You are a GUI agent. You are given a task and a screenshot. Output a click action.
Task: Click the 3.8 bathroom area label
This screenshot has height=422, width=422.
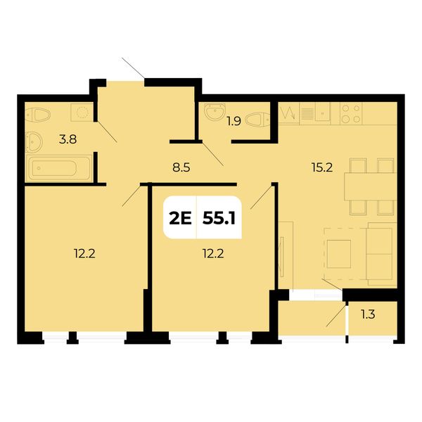(68, 139)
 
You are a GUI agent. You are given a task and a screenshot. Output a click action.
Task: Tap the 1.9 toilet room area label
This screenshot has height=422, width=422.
(234, 122)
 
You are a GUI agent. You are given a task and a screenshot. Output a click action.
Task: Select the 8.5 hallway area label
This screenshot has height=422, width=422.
(181, 167)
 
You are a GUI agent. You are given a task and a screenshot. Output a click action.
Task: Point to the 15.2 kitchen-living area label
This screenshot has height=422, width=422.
(322, 167)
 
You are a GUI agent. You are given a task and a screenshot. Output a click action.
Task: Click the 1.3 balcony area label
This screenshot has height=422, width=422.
(368, 314)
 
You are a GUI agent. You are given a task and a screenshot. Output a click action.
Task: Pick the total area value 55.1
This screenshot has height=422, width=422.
(219, 218)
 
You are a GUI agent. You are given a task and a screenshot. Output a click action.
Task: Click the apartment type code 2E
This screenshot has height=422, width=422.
(180, 218)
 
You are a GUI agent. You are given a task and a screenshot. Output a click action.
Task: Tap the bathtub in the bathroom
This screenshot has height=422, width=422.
(59, 168)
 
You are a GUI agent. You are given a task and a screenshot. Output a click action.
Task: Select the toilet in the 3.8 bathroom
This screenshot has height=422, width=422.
(38, 115)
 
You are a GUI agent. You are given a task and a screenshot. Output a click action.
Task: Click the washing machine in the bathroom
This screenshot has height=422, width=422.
(82, 112)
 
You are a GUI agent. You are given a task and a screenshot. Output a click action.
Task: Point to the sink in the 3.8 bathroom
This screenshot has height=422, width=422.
(34, 142)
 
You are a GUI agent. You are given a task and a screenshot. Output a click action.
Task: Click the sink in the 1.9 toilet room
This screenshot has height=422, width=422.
(215, 111)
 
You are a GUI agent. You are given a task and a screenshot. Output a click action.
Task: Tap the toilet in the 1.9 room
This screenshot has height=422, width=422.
(257, 120)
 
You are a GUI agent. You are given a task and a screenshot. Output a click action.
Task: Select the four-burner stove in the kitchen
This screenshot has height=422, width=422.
(351, 113)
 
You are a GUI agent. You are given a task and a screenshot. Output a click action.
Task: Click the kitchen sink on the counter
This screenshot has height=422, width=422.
(323, 113)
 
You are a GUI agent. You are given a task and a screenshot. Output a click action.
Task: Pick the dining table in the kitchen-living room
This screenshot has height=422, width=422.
(371, 187)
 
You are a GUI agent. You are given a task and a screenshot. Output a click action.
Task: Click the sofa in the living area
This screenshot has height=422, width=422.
(381, 254)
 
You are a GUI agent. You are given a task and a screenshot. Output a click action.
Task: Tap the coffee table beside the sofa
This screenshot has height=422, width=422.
(339, 254)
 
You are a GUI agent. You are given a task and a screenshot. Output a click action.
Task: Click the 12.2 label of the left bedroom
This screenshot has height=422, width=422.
(84, 253)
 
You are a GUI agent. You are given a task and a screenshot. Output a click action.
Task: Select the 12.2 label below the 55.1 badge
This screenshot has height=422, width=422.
(213, 253)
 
